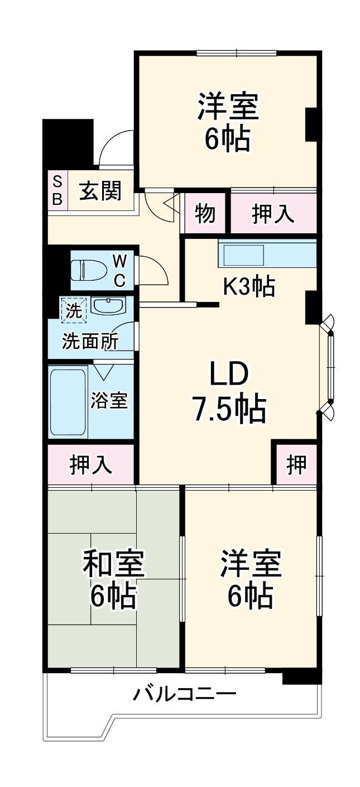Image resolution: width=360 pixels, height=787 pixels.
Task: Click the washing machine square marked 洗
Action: pos(74,310)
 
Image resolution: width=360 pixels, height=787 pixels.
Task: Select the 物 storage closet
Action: pos(205,213)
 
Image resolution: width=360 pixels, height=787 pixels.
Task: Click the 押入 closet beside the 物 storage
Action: pos(273,213)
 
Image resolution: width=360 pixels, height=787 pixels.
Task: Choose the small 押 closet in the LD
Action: pos(296,463)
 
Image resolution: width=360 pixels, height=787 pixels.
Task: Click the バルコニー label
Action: pos(184,695)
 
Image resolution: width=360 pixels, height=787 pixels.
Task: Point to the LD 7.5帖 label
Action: pos(229,392)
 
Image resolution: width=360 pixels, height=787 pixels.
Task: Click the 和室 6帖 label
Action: pos(114,580)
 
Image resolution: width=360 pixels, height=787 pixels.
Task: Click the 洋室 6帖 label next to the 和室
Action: pos(250,580)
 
